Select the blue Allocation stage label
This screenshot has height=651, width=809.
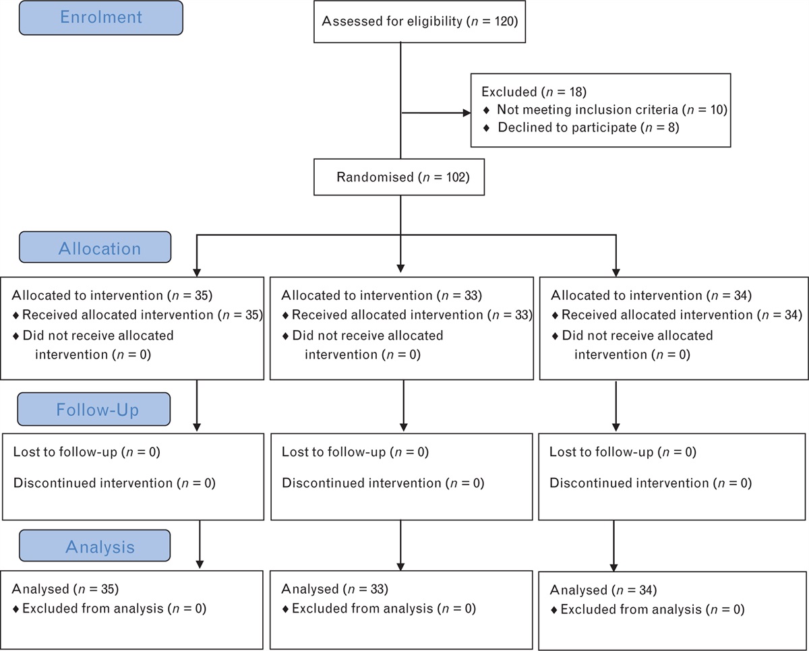tap(100, 248)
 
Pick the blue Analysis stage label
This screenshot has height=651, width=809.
tap(100, 547)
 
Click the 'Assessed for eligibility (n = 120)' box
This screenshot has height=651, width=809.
tap(419, 21)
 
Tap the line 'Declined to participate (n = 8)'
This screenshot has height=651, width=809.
tap(588, 127)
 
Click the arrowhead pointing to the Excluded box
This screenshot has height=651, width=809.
tap(465, 113)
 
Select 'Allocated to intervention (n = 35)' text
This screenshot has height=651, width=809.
tap(111, 295)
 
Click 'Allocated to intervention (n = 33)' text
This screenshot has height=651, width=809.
tap(382, 295)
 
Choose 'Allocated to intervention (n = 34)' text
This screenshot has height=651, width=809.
tap(651, 295)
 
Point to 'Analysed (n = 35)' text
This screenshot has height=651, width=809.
tap(65, 588)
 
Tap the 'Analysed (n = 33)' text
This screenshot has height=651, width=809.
tap(335, 589)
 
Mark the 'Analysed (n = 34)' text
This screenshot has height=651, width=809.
tap(604, 590)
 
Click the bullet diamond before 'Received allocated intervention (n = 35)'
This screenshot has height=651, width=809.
tap(16, 315)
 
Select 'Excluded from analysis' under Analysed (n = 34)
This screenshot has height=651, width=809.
tap(653, 609)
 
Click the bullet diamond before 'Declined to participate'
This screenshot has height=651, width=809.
tap(487, 127)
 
